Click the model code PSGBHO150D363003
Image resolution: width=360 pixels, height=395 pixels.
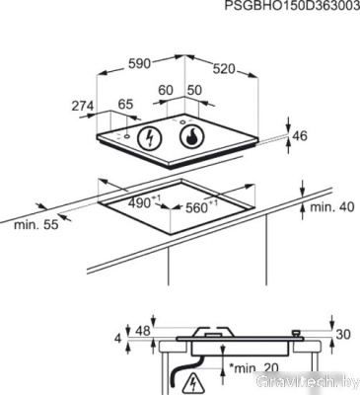pos(292,6)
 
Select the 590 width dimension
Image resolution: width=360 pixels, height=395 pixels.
pos(139,63)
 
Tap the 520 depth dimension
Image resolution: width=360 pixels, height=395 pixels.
pos(224,69)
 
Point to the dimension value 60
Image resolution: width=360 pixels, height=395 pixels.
pos(166,90)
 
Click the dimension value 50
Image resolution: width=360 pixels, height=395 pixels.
pos(194,90)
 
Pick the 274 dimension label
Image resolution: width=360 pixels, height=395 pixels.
pos(83,106)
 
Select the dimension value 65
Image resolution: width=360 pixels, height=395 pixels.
pos(125,105)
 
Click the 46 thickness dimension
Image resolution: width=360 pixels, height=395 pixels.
pos(300,135)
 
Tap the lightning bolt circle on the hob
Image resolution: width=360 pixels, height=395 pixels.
pos(150,138)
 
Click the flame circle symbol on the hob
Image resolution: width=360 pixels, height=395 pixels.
pos(192,137)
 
